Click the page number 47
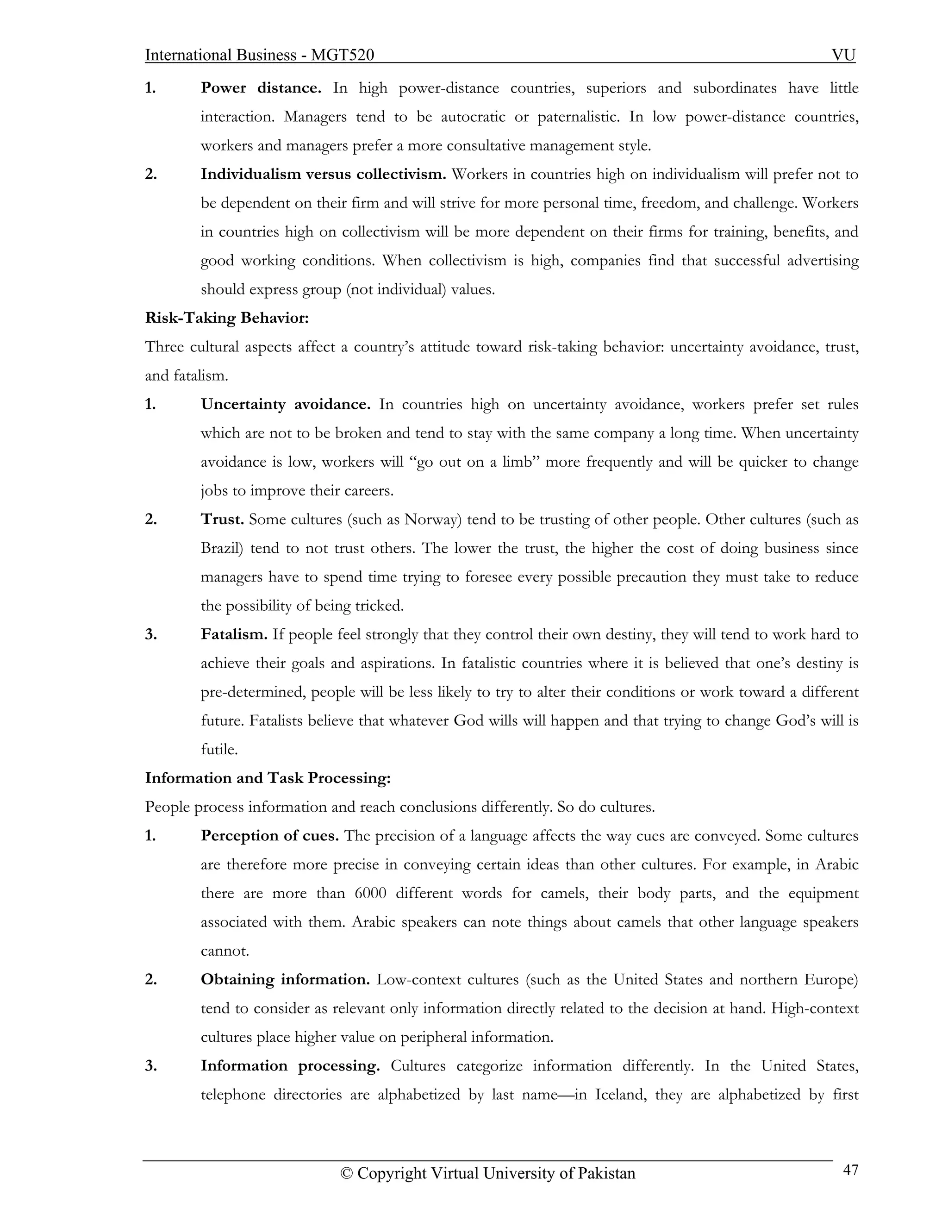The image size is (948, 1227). (x=850, y=1170)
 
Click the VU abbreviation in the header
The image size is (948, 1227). (x=843, y=55)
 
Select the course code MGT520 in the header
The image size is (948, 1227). (x=343, y=55)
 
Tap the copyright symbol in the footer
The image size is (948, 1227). (x=347, y=1174)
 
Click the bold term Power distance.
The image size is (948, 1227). (x=261, y=88)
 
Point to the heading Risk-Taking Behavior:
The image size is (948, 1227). (x=227, y=318)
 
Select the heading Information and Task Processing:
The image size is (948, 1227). (x=268, y=778)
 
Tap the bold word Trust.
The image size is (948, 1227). (x=222, y=520)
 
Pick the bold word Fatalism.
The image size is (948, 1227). (x=234, y=635)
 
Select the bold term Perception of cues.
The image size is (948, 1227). (x=269, y=836)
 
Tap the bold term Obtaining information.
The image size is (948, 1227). (x=285, y=980)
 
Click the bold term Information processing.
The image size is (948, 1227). (x=290, y=1066)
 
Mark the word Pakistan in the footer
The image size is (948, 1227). (x=606, y=1174)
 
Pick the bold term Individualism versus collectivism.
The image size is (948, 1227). (x=324, y=174)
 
